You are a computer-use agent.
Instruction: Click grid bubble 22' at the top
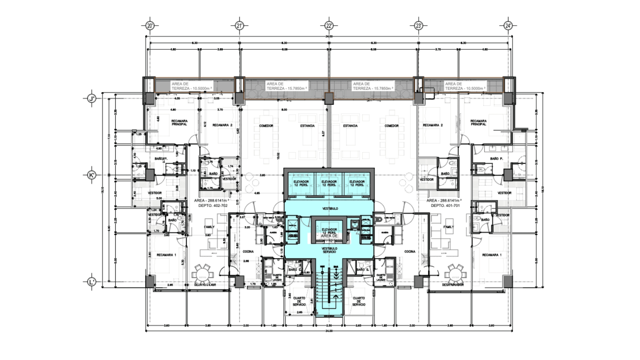(329, 25)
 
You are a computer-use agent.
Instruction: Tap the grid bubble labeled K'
(92, 175)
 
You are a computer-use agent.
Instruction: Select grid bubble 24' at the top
(508, 25)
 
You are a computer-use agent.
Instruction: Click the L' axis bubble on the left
(92, 282)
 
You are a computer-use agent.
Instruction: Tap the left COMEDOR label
(266, 126)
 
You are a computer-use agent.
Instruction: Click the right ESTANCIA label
(350, 126)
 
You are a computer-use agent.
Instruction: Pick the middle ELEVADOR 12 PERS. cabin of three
(329, 183)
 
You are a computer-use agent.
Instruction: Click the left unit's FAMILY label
(209, 227)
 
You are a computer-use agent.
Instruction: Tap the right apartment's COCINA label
(410, 252)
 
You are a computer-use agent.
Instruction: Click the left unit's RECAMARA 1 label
(166, 255)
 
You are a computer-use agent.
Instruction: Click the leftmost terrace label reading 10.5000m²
(192, 86)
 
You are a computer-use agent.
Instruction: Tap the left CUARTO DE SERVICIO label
(299, 301)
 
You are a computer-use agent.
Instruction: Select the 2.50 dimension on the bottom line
(329, 325)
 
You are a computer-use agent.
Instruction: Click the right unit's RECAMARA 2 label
(433, 125)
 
